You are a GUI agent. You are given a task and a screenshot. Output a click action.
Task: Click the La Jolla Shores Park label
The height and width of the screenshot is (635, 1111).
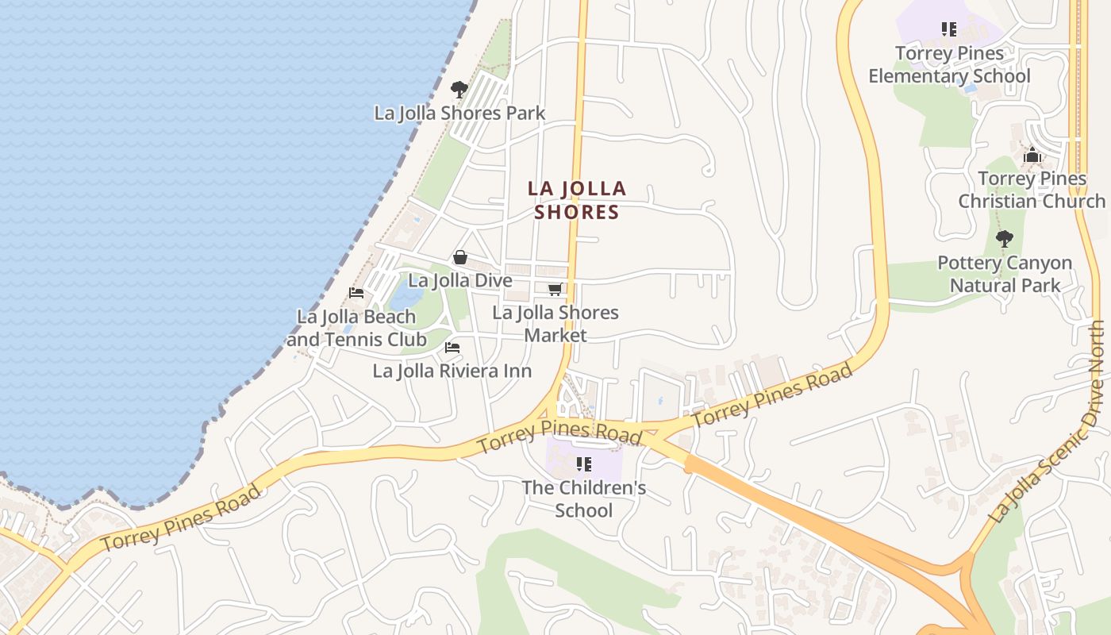click(x=459, y=113)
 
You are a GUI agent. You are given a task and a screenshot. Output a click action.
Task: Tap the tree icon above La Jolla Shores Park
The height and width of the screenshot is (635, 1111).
click(x=459, y=89)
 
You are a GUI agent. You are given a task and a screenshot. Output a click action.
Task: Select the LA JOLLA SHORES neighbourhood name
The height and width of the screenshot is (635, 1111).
click(x=577, y=200)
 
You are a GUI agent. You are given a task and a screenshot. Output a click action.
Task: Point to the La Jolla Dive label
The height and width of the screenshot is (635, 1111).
click(x=460, y=280)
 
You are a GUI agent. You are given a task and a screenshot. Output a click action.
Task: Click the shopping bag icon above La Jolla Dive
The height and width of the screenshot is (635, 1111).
click(x=459, y=257)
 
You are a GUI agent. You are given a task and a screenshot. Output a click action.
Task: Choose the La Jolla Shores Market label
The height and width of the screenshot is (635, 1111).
click(x=555, y=323)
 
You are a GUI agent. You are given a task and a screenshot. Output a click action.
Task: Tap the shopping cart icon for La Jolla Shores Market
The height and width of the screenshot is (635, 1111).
click(x=555, y=290)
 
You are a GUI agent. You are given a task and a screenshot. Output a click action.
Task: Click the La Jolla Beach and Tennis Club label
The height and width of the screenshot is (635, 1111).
click(x=356, y=328)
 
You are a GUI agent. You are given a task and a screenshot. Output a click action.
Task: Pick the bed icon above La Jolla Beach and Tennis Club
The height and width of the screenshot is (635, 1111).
click(x=356, y=293)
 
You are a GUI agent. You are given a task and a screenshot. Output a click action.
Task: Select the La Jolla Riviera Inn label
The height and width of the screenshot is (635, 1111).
click(x=452, y=371)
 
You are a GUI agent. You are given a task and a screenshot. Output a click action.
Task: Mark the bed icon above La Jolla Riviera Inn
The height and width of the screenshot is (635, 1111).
click(x=452, y=348)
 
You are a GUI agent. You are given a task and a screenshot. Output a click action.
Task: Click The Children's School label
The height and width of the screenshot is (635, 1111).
click(x=584, y=498)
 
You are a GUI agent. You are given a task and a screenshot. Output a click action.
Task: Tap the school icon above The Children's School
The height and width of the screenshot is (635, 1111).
click(x=584, y=464)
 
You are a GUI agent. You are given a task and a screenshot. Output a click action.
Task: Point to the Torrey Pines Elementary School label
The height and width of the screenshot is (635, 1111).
click(x=949, y=64)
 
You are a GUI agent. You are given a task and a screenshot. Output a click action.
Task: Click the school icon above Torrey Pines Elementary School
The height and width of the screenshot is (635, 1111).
click(x=949, y=29)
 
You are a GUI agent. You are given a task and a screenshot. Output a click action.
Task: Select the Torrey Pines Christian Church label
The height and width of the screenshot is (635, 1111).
click(x=1032, y=190)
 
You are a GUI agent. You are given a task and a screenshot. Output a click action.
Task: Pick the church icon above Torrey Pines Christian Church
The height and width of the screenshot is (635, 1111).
click(x=1032, y=156)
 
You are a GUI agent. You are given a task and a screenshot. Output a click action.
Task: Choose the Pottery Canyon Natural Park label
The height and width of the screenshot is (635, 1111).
click(x=1005, y=274)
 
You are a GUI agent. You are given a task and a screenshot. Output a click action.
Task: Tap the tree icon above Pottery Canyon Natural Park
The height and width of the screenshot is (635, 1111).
click(x=1005, y=238)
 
